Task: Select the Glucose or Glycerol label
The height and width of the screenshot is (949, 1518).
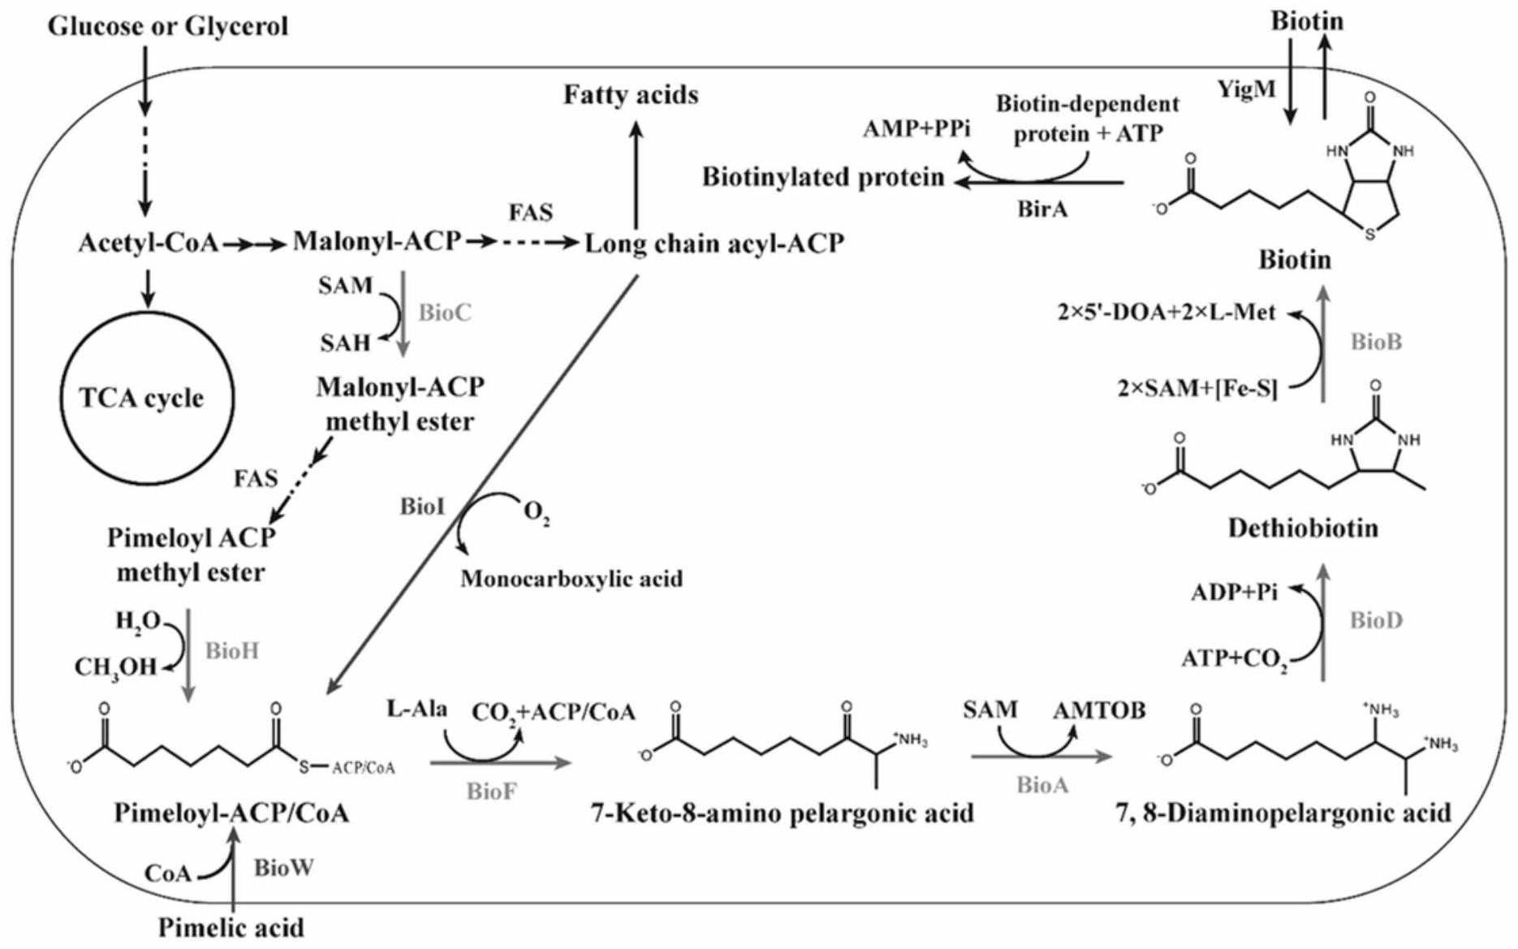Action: point(168,26)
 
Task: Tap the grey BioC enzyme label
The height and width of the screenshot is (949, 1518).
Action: point(444,313)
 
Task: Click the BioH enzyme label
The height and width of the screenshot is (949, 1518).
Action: point(231,651)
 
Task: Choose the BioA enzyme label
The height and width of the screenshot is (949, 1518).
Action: point(1042,785)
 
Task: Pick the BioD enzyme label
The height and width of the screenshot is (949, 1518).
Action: point(1376,621)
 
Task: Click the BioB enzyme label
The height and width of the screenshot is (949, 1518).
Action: point(1376,343)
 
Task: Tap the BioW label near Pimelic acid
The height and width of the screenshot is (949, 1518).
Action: point(283,868)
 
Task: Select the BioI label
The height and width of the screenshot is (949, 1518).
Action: point(422,507)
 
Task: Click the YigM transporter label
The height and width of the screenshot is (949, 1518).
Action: point(1247,89)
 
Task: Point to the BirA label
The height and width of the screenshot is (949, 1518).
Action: point(1042,209)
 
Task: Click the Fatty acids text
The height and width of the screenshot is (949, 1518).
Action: point(631,95)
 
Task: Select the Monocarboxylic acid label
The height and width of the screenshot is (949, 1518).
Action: point(571,579)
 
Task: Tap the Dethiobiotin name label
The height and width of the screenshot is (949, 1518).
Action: point(1302,528)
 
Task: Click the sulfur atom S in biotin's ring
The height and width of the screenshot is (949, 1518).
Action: point(1369,235)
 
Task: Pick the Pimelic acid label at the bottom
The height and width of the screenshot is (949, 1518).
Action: point(231,927)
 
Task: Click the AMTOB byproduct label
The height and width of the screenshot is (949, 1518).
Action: point(1099,710)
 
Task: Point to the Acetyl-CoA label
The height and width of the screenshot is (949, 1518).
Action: point(148,243)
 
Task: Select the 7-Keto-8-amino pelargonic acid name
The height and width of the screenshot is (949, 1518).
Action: point(782,813)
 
